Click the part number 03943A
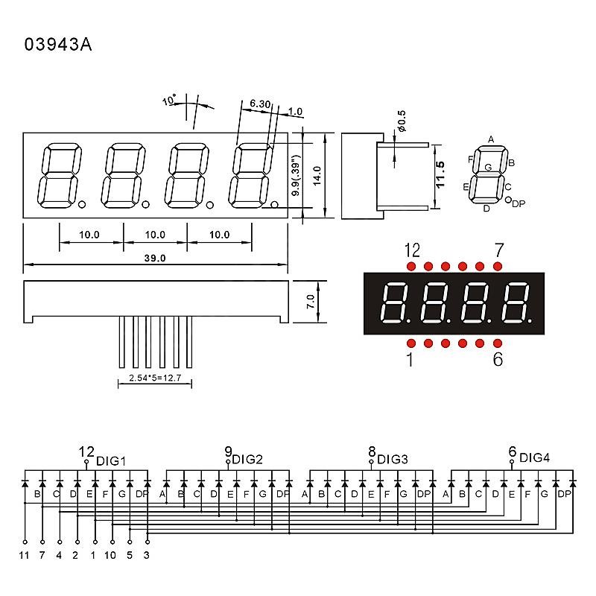pyautogui.click(x=58, y=44)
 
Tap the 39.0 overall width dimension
pyautogui.click(x=155, y=258)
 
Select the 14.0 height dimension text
pyautogui.click(x=317, y=176)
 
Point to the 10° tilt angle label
pyautogui.click(x=169, y=100)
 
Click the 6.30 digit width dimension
pyautogui.click(x=260, y=104)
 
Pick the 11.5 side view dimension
pyautogui.click(x=440, y=174)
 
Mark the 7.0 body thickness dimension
pyautogui.click(x=311, y=302)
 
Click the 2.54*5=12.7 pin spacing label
pyautogui.click(x=155, y=378)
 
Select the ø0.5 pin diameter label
pyautogui.click(x=402, y=121)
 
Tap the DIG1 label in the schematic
pyautogui.click(x=110, y=461)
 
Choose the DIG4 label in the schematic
pyautogui.click(x=534, y=457)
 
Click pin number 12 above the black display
pyautogui.click(x=412, y=250)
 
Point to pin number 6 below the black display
pyautogui.click(x=498, y=359)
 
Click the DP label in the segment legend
pyautogui.click(x=519, y=203)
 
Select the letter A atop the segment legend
pyautogui.click(x=491, y=139)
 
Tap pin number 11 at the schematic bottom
pyautogui.click(x=24, y=555)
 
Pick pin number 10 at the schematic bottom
pyautogui.click(x=110, y=555)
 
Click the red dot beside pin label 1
pyautogui.click(x=411, y=343)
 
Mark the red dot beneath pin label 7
pyautogui.click(x=498, y=267)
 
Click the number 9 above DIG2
pyautogui.click(x=228, y=451)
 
